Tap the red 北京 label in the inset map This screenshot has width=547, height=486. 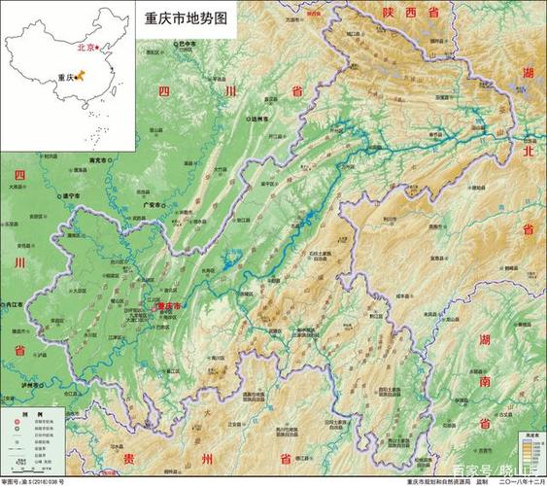(x=85, y=47)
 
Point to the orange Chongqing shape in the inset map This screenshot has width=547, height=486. (x=81, y=74)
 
